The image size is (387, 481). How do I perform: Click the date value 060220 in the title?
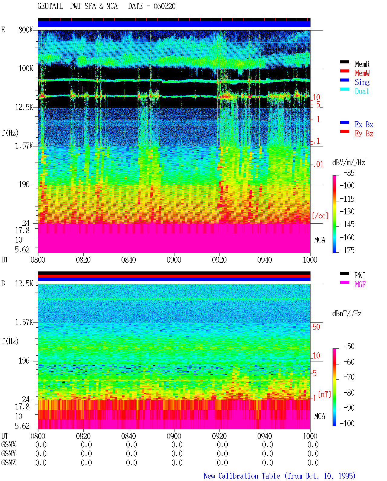coord(164,6)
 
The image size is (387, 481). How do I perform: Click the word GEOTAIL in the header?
coord(50,6)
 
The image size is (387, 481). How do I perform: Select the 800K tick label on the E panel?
coord(26,30)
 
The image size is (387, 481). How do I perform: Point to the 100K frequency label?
coord(26,69)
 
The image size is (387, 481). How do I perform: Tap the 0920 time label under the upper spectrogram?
coord(219,260)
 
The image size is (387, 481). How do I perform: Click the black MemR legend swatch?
coord(344,62)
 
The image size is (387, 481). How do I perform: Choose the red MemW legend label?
coord(362,73)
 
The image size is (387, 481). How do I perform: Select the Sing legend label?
coord(362,82)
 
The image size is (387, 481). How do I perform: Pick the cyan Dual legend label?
coord(362,91)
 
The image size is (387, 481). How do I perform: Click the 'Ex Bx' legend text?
coord(364,124)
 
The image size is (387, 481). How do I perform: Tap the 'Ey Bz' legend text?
coord(364,134)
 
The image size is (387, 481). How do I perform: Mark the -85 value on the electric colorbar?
coord(349,173)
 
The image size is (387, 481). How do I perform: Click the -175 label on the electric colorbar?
coord(347,250)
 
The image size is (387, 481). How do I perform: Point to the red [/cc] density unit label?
coord(320,216)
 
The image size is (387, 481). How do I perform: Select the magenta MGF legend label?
coord(360,284)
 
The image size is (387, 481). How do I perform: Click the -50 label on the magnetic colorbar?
coord(349,346)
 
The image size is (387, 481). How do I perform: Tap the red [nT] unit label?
coord(324,394)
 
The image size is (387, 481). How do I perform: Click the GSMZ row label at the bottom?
coord(8,463)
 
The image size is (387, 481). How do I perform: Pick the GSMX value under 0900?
coord(177,444)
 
